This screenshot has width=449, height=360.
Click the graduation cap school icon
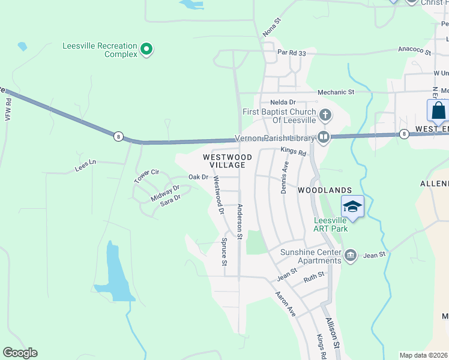tap(352, 207)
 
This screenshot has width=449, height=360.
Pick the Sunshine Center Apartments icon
tap(351, 256)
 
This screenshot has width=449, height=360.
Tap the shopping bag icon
tap(438, 112)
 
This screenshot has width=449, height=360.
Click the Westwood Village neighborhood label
tap(224, 160)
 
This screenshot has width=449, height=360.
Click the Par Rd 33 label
tap(292, 53)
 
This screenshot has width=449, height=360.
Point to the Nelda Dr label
tap(283, 103)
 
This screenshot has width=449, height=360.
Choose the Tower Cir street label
tap(146, 176)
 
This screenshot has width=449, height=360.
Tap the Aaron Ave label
tap(286, 304)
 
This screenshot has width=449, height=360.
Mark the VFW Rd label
tap(8, 110)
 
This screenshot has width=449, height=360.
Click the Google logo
tap(20, 353)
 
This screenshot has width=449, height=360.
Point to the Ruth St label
tap(313, 277)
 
